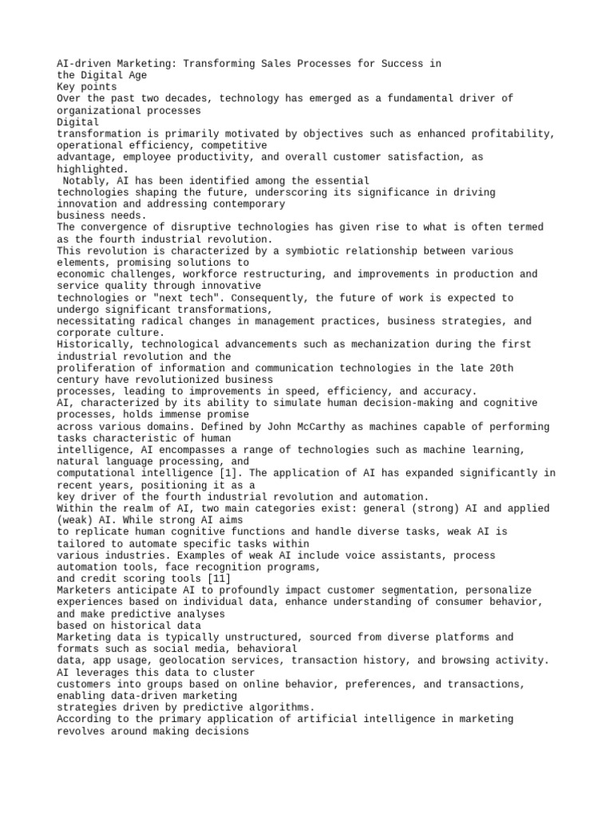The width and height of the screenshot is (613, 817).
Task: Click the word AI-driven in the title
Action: (x=82, y=63)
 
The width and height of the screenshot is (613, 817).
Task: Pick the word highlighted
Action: (x=91, y=168)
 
